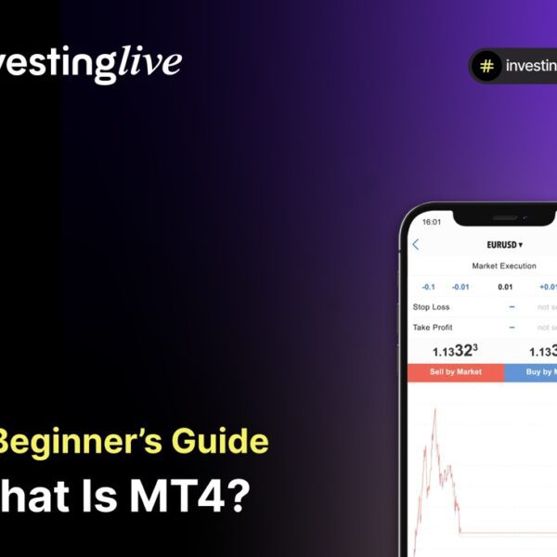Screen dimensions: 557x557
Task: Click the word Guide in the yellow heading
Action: pyautogui.click(x=227, y=441)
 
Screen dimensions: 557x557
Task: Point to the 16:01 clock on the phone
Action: pyautogui.click(x=432, y=223)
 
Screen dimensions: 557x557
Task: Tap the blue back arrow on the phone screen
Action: pyautogui.click(x=415, y=245)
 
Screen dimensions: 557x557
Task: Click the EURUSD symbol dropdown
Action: pyautogui.click(x=504, y=245)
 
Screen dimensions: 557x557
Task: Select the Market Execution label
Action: pyautogui.click(x=504, y=266)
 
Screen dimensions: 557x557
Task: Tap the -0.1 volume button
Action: pyautogui.click(x=428, y=287)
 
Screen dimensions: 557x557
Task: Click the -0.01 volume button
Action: pyautogui.click(x=460, y=287)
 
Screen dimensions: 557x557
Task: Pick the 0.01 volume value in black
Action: pyautogui.click(x=504, y=287)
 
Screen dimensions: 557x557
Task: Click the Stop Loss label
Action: pyautogui.click(x=431, y=306)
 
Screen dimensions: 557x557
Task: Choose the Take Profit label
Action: pyautogui.click(x=433, y=327)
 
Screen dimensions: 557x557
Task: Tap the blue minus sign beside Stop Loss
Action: pyautogui.click(x=512, y=306)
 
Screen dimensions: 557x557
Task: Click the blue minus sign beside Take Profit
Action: pyautogui.click(x=512, y=327)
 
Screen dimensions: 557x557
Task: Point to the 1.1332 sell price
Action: pyautogui.click(x=455, y=351)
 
